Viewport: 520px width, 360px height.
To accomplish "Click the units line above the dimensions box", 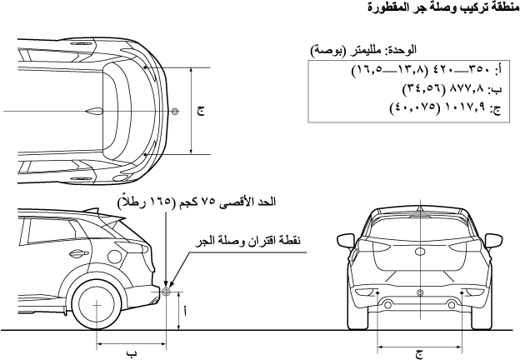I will (367, 51).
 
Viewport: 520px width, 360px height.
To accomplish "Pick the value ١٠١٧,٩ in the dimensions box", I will (454, 107).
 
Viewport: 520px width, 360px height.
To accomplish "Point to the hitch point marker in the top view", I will (173, 111).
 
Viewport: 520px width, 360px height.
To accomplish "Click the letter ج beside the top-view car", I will (201, 111).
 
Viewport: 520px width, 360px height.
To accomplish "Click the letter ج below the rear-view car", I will (419, 352).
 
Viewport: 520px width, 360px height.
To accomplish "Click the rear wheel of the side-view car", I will (97, 306).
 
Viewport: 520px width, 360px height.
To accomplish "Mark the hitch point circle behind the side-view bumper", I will (166, 292).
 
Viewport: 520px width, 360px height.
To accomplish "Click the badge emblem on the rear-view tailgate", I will (420, 247).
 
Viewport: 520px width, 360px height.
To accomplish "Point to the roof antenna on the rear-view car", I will (420, 206).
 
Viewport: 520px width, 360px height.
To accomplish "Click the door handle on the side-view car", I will (77, 255).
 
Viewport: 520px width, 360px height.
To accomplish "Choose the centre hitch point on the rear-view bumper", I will (420, 292).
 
